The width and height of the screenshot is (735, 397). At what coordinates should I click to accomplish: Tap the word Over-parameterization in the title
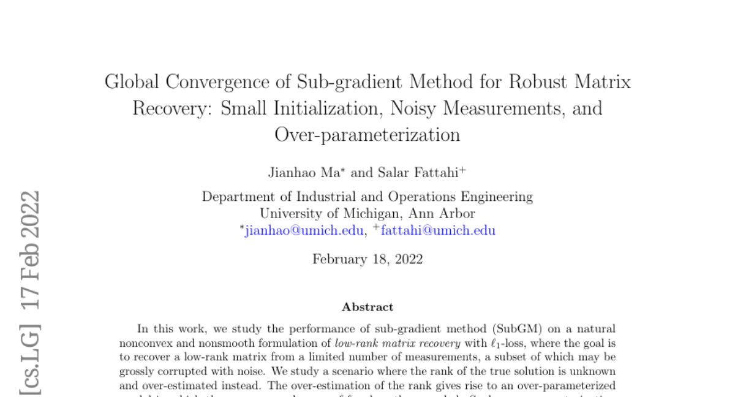pyautogui.click(x=367, y=134)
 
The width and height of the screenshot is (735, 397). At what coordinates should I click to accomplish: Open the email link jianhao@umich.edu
pyautogui.click(x=304, y=230)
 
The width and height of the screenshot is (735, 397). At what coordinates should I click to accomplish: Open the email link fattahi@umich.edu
pyautogui.click(x=438, y=230)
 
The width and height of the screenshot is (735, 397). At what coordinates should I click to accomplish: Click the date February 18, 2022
pyautogui.click(x=367, y=259)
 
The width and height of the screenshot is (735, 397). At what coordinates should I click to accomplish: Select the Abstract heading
pyautogui.click(x=367, y=307)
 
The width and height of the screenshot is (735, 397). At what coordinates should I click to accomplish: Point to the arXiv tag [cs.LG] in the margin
pyautogui.click(x=29, y=357)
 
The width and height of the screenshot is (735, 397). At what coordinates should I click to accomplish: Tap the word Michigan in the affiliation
pyautogui.click(x=363, y=214)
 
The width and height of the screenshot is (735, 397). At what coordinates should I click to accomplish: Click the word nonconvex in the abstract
pyautogui.click(x=142, y=342)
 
